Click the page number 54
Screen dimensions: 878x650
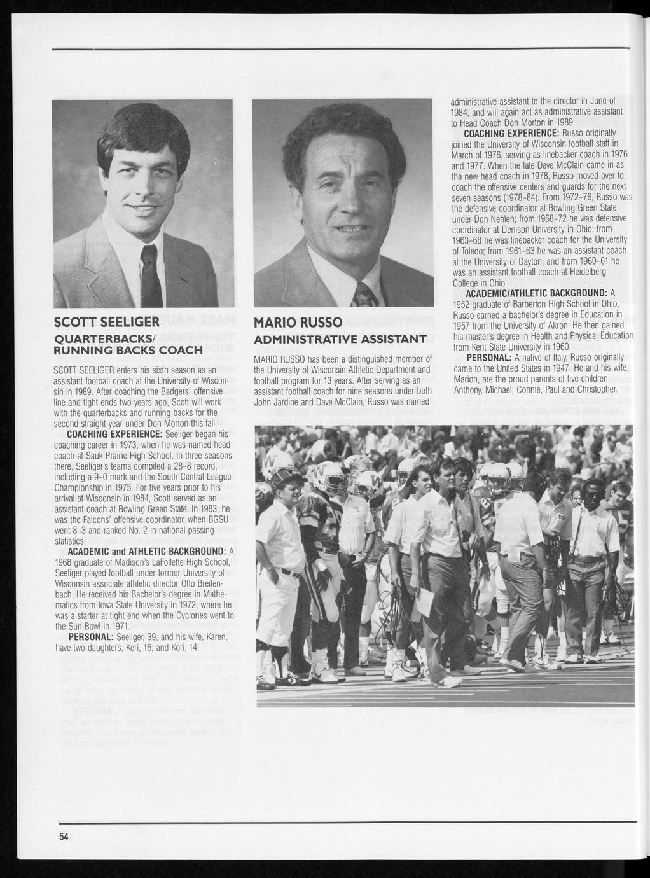pos(64,837)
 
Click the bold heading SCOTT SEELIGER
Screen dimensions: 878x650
pos(106,321)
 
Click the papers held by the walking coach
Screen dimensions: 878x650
pos(424,601)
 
